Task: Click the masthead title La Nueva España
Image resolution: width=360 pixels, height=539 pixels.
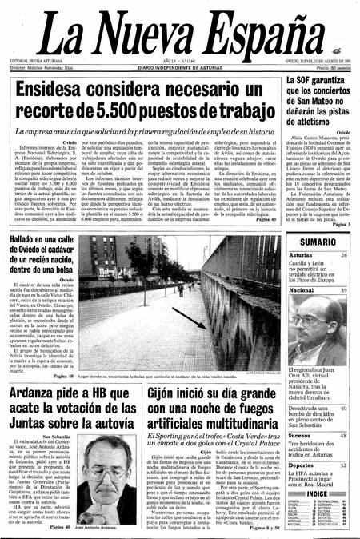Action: (x=179, y=30)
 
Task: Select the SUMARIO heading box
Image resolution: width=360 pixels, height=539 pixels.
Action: (x=318, y=264)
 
